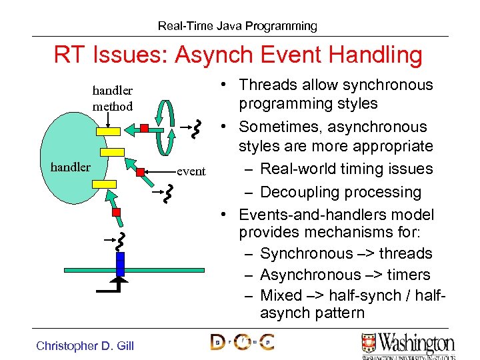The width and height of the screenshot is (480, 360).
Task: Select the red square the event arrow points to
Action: coord(141,172)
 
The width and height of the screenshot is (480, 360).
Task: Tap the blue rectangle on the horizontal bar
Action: coord(120,263)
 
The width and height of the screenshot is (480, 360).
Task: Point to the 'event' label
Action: coord(191,172)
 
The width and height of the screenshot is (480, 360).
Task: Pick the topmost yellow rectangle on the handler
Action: coord(108,131)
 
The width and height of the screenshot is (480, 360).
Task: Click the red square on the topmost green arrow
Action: coord(143,127)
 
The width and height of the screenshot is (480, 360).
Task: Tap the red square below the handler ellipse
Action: coord(116,212)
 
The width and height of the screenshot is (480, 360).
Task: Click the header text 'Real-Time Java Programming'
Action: coord(237,26)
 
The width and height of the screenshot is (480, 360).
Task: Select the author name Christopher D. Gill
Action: coord(85,345)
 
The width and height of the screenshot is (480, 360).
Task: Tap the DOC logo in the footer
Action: coord(242,342)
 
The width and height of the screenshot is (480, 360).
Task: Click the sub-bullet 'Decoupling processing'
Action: coord(341,192)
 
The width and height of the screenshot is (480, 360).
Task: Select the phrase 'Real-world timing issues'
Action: coord(347,169)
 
